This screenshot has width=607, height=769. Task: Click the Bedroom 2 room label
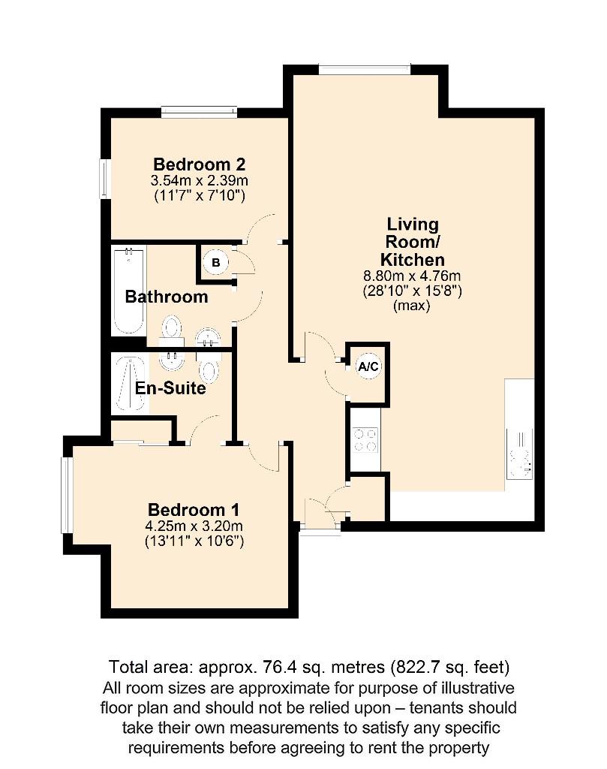[200, 164]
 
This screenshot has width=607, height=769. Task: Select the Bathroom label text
[167, 297]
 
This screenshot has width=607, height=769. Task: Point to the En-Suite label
[170, 389]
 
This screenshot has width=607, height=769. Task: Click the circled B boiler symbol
[216, 262]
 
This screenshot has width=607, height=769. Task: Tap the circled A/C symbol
[368, 367]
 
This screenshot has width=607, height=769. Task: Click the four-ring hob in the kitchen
[365, 439]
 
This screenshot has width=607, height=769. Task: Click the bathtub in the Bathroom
[128, 291]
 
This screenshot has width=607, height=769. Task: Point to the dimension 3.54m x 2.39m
[200, 181]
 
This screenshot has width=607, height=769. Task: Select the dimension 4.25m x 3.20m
[194, 526]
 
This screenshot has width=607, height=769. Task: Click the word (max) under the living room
[412, 306]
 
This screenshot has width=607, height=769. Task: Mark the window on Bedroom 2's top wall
[200, 113]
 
